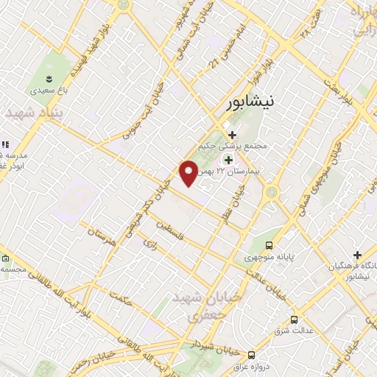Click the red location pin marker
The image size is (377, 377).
[188, 173]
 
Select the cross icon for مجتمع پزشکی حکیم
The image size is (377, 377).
[233, 135]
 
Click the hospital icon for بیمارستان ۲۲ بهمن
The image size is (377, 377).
[228, 160]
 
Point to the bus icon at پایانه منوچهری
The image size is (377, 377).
[269, 245]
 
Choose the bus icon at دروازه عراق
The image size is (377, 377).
[252, 354]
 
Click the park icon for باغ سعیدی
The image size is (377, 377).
[49, 79]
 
